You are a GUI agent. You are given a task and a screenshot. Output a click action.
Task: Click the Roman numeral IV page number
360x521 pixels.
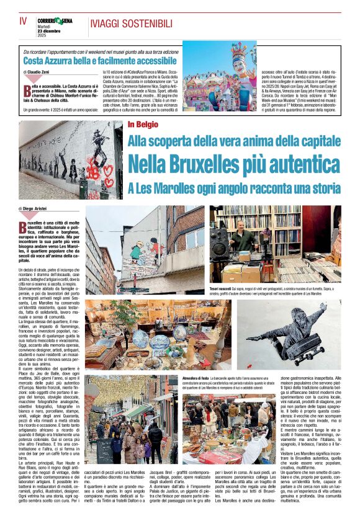[x=24, y=21]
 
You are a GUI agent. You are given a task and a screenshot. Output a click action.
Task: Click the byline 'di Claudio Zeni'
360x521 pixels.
[x=39, y=73]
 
